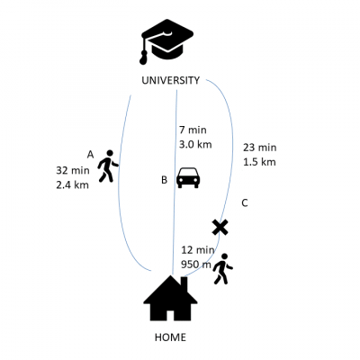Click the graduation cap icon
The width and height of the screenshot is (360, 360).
click(x=166, y=40)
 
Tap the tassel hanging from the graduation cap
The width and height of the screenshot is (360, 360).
click(x=144, y=57)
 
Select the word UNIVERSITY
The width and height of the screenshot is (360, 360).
click(x=170, y=80)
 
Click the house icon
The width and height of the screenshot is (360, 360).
click(x=170, y=298)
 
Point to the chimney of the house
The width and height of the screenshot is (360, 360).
click(x=184, y=283)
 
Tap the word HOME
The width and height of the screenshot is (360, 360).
click(x=170, y=337)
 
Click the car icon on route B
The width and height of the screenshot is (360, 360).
click(x=188, y=177)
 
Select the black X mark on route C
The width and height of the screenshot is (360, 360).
click(x=220, y=227)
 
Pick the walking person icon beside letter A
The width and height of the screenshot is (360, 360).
click(x=108, y=166)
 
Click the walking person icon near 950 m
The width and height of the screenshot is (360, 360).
click(x=222, y=269)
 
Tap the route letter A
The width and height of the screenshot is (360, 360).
click(x=90, y=155)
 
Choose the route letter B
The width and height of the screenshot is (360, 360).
click(x=164, y=180)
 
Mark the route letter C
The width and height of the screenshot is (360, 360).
click(x=245, y=203)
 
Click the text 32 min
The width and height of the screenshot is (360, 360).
click(x=73, y=170)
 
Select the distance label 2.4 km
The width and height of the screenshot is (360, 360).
click(x=72, y=184)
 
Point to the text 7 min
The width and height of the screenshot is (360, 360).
click(x=193, y=130)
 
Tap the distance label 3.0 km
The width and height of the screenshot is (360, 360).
click(x=195, y=144)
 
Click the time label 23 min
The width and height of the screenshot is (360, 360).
click(x=259, y=148)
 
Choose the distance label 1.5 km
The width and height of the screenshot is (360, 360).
click(x=259, y=162)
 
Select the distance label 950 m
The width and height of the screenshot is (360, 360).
click(x=196, y=265)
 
